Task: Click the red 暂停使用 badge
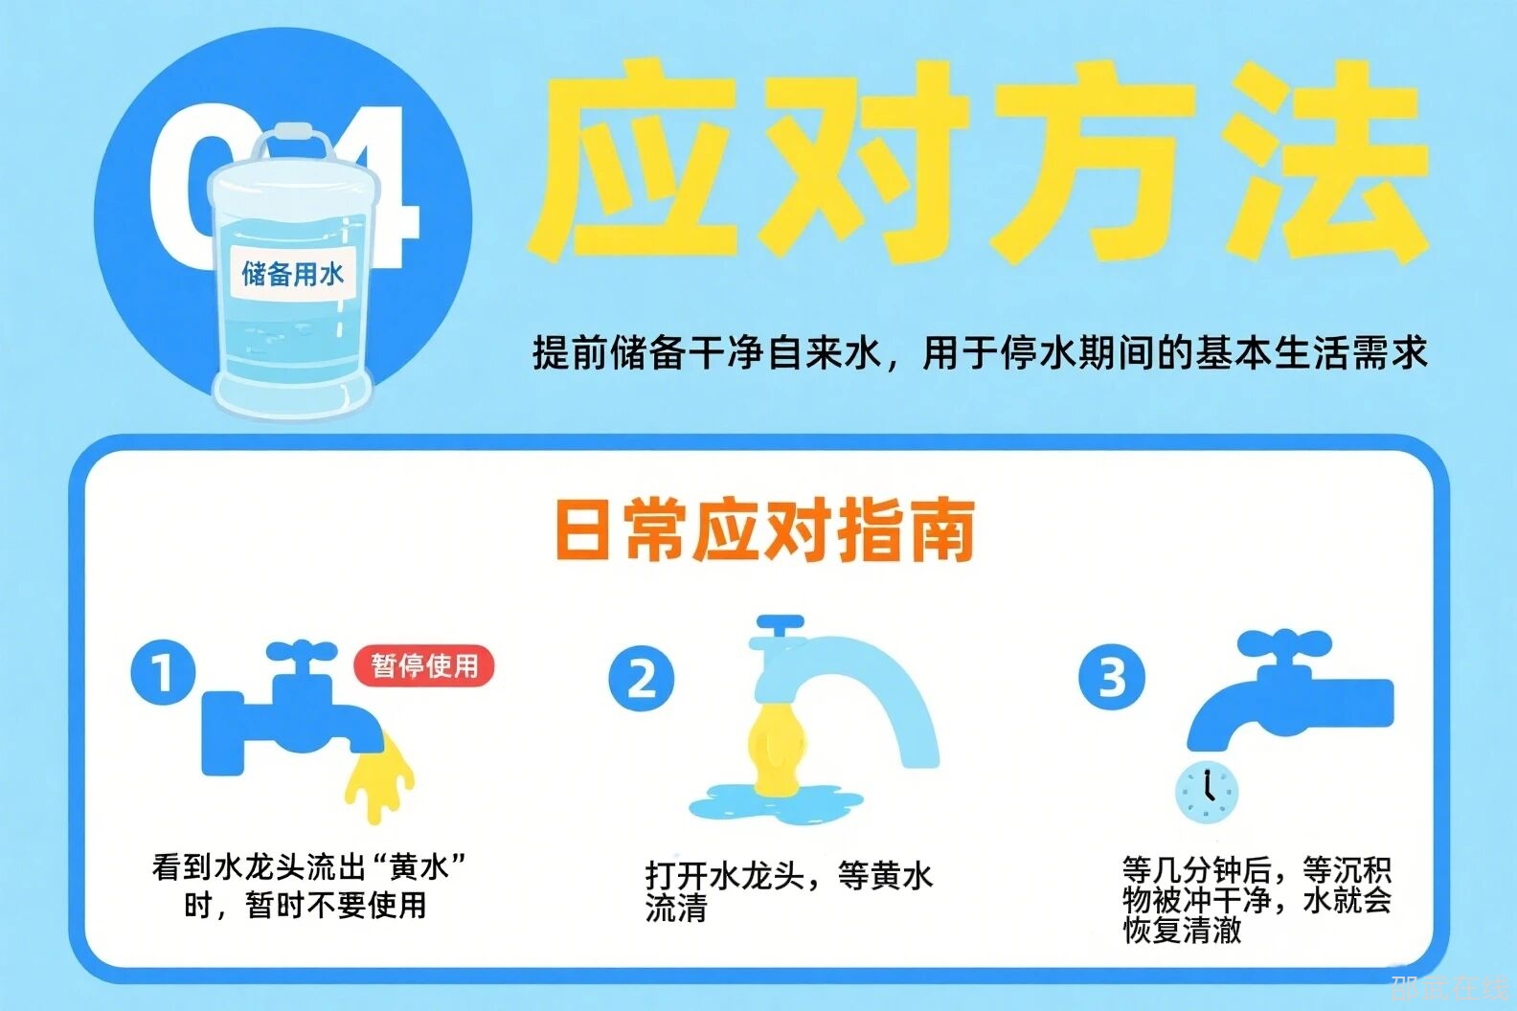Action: tap(424, 665)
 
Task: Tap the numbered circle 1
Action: tap(163, 673)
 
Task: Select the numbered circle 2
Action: tap(642, 678)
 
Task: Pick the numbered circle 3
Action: tap(1112, 677)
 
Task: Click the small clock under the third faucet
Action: tap(1207, 793)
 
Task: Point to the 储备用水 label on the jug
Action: tap(293, 274)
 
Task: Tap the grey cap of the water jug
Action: tap(292, 132)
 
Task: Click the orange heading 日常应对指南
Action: tap(764, 530)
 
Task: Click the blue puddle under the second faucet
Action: tap(776, 803)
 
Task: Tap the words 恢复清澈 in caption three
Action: tap(1182, 931)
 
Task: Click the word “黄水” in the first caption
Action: tap(419, 866)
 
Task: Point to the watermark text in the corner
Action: tap(1448, 988)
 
